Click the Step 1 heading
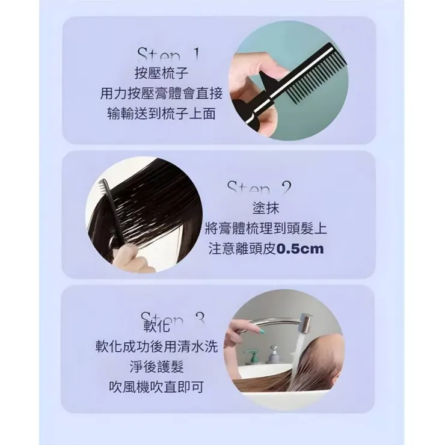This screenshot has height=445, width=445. [x=168, y=56]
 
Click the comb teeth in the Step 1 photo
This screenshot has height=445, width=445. [x=307, y=84]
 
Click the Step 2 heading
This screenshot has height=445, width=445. [x=259, y=188]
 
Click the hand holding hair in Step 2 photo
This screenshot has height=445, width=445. [x=129, y=260]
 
